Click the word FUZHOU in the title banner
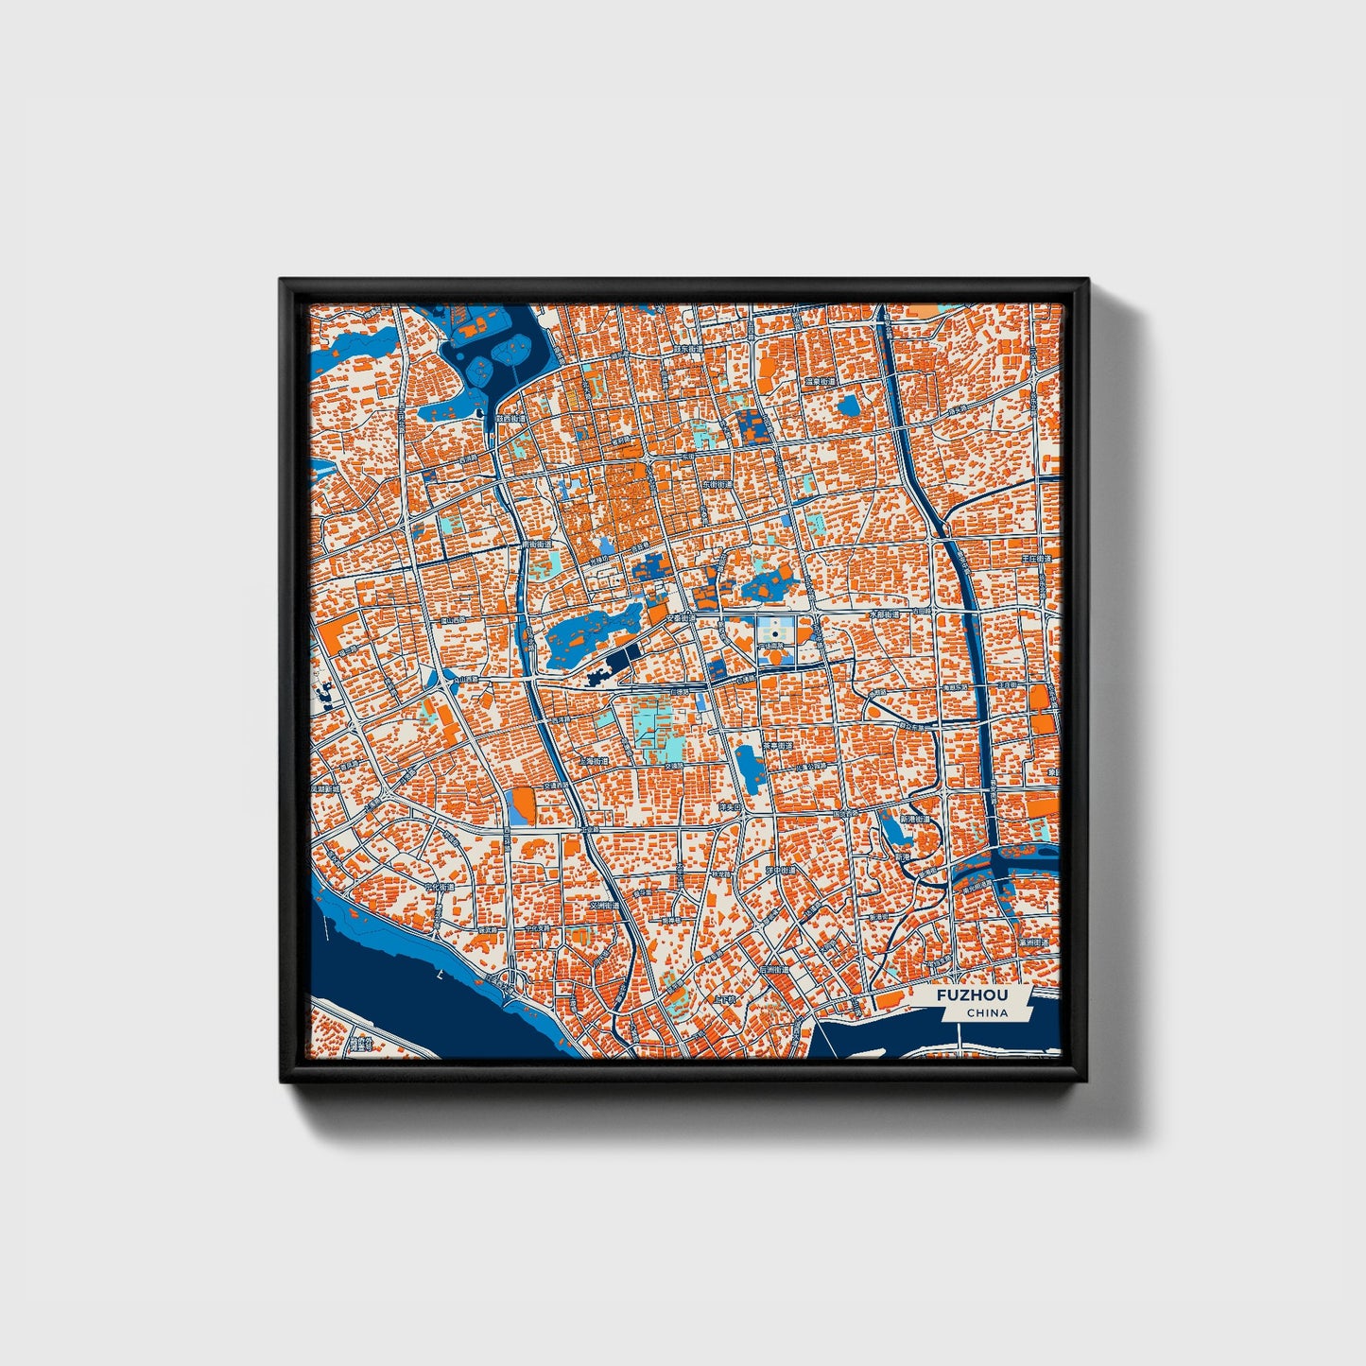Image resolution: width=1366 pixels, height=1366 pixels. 972,995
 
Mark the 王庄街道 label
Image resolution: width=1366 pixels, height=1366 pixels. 1035,559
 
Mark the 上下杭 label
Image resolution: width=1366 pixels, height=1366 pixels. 725,998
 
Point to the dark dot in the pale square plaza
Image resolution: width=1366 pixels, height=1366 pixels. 775,633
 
